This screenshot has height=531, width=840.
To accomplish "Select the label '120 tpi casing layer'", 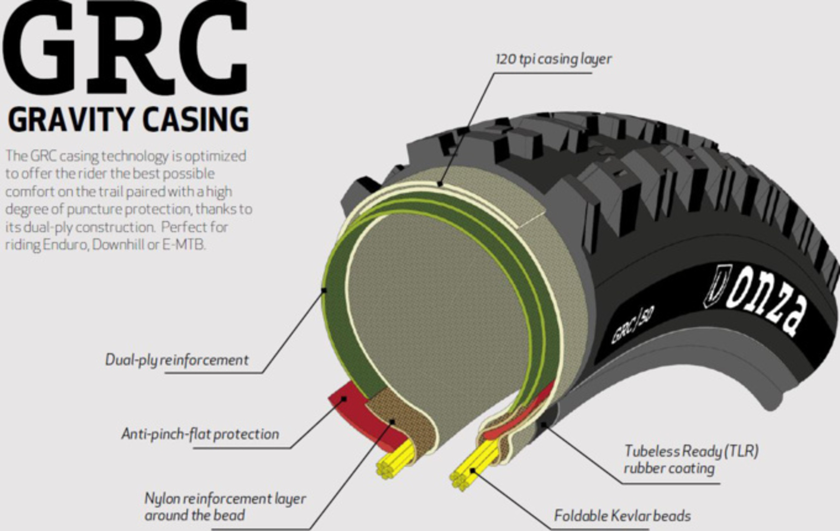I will [x=553, y=59].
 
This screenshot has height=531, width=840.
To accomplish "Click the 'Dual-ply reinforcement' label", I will [x=177, y=360].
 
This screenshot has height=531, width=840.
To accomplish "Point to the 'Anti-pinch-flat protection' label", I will [x=200, y=434].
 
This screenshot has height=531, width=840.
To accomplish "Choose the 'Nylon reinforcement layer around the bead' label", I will [x=225, y=506].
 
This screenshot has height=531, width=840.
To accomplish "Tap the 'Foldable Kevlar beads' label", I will [x=622, y=516].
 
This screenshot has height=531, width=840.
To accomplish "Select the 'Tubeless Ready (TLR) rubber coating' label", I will [x=691, y=459].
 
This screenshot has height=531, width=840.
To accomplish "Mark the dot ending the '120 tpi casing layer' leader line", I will [x=441, y=184].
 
